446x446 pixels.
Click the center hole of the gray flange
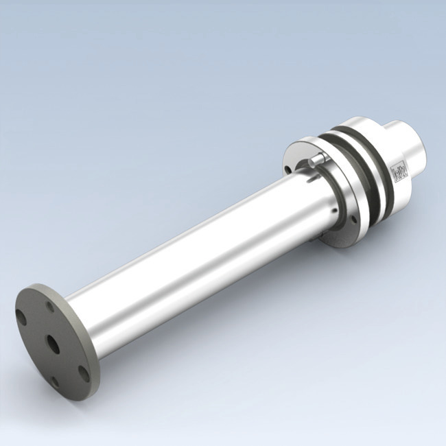[51, 341]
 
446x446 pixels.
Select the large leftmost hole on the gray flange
[22, 318]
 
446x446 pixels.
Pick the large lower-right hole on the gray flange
[83, 373]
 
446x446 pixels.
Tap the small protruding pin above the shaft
[316, 159]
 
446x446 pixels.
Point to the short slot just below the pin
[313, 178]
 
